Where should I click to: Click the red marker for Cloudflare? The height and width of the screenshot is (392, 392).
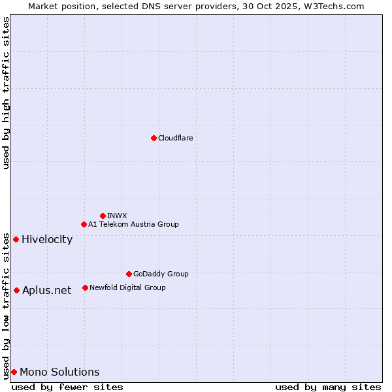[154, 138]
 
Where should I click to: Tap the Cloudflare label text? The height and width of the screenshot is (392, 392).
[176, 138]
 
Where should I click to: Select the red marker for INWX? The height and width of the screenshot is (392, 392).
[103, 216]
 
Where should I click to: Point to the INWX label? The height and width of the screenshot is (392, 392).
[118, 216]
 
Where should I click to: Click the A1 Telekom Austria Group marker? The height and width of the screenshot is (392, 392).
[84, 224]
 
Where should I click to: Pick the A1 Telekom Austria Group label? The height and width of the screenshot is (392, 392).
[133, 224]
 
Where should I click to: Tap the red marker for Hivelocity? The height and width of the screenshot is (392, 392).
[16, 239]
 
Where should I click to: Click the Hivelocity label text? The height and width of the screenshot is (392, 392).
[47, 239]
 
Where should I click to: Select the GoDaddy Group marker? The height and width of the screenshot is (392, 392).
[129, 274]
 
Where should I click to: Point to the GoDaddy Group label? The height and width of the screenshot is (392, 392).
[161, 274]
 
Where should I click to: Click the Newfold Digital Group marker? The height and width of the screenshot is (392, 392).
[85, 287]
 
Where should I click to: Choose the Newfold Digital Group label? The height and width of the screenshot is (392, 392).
[127, 287]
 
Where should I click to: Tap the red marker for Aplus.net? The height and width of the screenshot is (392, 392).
[16, 290]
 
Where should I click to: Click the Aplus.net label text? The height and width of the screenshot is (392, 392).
[46, 291]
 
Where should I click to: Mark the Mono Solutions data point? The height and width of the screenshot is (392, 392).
[14, 372]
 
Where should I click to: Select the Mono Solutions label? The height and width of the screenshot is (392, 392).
[59, 372]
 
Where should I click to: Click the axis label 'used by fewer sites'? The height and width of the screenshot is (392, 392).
[67, 387]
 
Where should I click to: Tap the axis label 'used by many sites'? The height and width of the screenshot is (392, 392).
[328, 387]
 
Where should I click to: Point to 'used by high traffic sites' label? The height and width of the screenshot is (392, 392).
[6, 93]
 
